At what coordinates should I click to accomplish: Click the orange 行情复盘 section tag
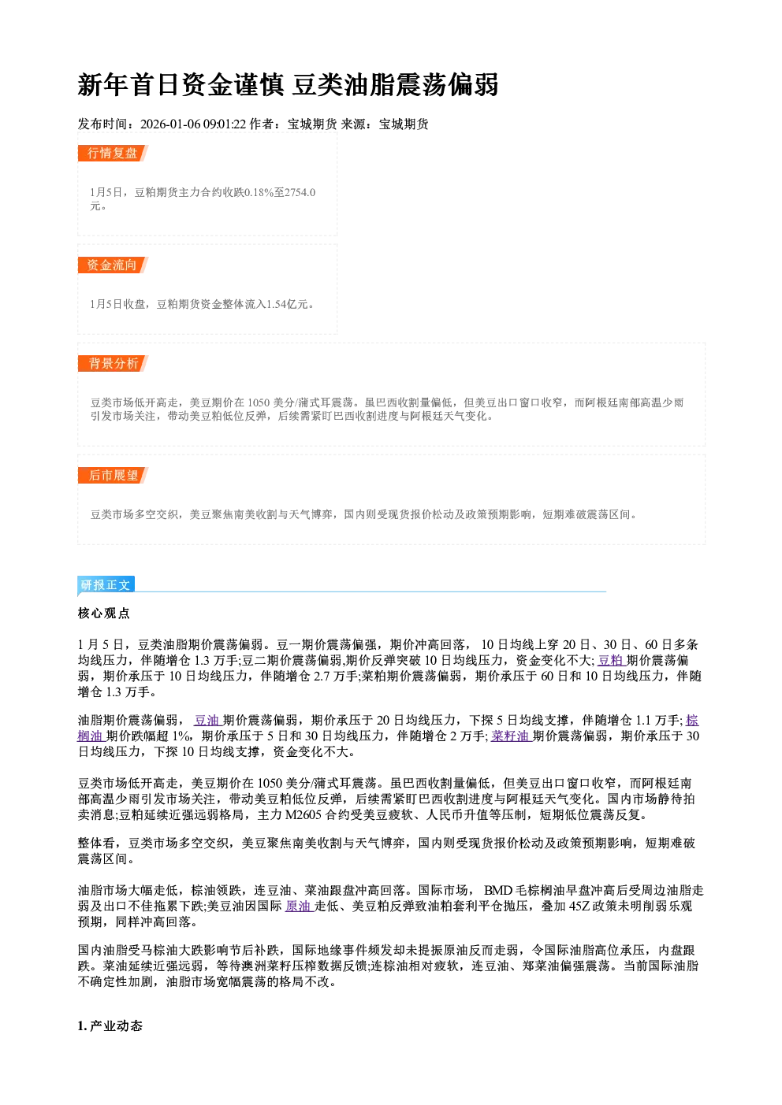113,153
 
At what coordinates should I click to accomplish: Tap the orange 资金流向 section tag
113,265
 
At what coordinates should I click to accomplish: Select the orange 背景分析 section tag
113,364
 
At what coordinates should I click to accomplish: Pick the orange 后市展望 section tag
113,476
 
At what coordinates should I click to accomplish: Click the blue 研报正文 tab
106,584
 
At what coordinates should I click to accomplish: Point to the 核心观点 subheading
104,614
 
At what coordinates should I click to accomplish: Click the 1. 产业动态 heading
110,1026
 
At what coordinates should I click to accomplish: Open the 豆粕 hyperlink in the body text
611,660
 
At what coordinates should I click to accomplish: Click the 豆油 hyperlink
207,720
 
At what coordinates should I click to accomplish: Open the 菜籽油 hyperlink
511,736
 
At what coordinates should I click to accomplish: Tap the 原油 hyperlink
300,907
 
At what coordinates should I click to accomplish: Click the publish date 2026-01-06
170,124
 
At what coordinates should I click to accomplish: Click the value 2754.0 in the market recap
300,192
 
